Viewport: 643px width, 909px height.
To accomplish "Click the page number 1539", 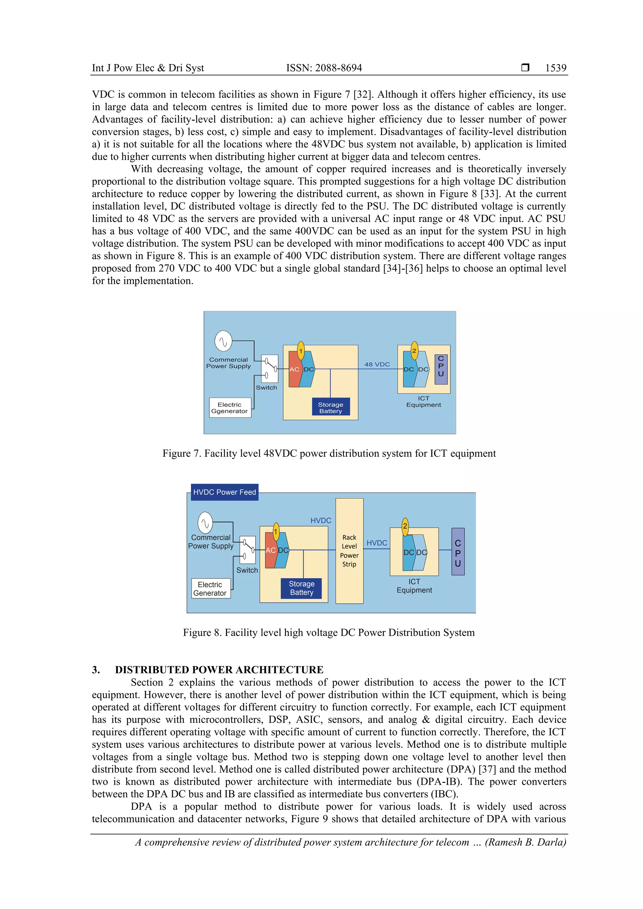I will click(x=555, y=68).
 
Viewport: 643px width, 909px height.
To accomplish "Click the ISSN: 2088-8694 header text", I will click(x=324, y=68).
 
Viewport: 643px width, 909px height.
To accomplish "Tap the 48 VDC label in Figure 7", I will click(x=377, y=364).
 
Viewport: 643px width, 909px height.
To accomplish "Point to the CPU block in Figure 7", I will click(x=441, y=369).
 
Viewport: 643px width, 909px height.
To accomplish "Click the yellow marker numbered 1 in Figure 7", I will click(x=301, y=351).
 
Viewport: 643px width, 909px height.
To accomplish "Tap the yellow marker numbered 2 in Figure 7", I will click(x=414, y=351).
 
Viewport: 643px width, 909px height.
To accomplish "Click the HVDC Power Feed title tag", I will click(x=224, y=492).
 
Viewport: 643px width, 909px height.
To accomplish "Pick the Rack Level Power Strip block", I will click(x=349, y=551).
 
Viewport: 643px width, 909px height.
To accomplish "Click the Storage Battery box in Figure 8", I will click(x=301, y=588).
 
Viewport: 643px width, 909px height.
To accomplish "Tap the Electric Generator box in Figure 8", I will click(x=210, y=589).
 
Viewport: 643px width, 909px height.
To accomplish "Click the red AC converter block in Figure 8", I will click(x=271, y=550).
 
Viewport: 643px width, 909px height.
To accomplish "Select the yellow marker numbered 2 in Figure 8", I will click(x=405, y=526).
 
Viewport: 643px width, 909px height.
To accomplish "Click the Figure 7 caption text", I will click(x=329, y=453).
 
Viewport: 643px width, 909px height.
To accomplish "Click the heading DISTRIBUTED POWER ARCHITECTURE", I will click(x=219, y=670).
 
